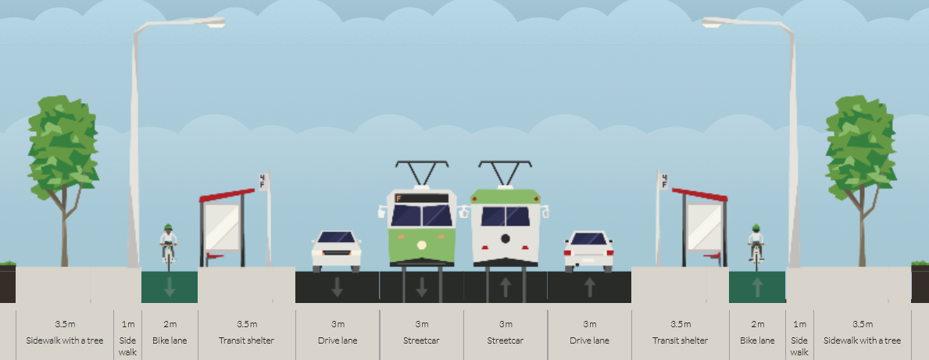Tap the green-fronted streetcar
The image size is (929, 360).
pos(422,228)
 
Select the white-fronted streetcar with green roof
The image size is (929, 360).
pos(506,228)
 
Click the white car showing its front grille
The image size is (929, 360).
pos(337,251)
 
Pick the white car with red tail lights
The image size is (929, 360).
pos(589,251)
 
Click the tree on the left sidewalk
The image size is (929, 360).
pos(63,177)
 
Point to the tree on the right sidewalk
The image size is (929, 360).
pos(861,177)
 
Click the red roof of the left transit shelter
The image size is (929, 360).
pos(227,195)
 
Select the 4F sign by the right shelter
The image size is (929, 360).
pos(664,181)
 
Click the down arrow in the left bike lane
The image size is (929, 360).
pos(170,287)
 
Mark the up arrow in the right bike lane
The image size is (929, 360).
pos(757,287)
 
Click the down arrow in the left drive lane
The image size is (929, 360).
pos(337,287)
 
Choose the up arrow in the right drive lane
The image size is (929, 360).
pos(589,287)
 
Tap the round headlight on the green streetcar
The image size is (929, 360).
pos(421,245)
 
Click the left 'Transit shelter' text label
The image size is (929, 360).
pos(246,340)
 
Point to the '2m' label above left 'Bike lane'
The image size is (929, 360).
pos(170,324)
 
